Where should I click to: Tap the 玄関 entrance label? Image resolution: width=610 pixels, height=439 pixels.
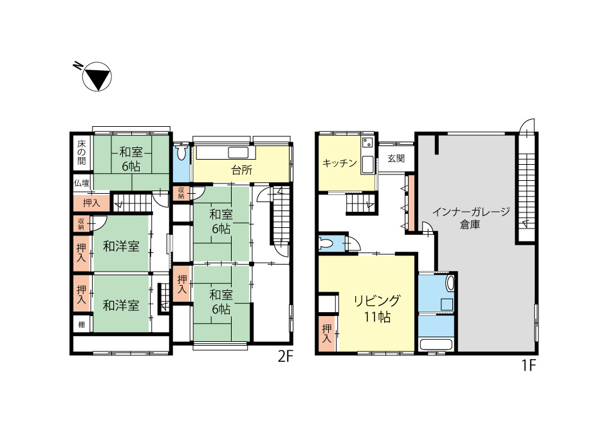pos(396,158)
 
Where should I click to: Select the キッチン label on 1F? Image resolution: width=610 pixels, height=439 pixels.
pos(340,163)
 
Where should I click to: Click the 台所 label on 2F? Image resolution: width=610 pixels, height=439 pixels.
pos(241,170)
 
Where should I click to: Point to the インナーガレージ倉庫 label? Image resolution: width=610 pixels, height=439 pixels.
pos(471,218)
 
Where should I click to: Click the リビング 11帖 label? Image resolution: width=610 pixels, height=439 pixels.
pos(376,308)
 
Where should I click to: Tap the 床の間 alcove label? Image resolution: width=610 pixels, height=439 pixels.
pos(81,152)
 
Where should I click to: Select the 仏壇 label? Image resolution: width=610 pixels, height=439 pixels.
pos(82,183)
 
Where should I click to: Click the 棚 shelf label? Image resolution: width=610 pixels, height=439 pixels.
pos(81,324)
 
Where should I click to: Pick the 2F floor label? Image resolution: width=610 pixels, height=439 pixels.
pos(285,357)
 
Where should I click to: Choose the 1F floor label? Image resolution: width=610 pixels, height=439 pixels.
pos(529,366)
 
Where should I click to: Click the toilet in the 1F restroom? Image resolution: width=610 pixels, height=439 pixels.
pos(325,244)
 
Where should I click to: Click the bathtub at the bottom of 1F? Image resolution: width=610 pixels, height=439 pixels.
pos(436,345)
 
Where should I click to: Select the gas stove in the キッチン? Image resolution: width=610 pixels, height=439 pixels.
pos(367,142)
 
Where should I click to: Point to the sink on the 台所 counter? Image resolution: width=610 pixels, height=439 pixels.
pos(238,153)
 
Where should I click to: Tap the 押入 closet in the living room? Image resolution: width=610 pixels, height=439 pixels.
pos(327,334)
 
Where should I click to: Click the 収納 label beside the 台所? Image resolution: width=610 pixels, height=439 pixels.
pos(181,193)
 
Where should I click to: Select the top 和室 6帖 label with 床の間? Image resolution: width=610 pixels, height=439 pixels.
pos(131,159)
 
